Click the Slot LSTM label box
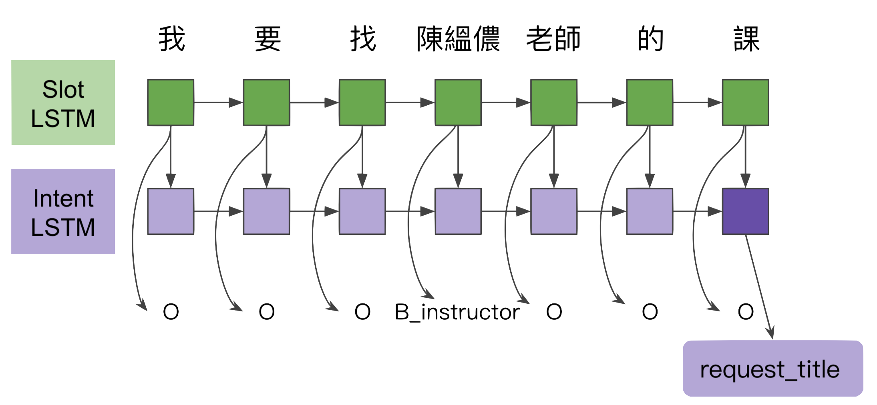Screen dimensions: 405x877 coord(63,103)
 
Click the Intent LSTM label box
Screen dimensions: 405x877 coord(63,212)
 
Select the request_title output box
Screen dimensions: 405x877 coord(772,369)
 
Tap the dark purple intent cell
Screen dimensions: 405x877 coord(745,212)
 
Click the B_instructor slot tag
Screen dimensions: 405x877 coord(457,312)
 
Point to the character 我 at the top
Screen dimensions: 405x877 coord(172,39)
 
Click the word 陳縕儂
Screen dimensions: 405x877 coord(459,39)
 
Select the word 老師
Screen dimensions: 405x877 coord(553,39)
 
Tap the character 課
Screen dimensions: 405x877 coord(746,39)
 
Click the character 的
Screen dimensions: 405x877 coord(650,39)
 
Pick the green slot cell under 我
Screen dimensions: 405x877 coord(171,103)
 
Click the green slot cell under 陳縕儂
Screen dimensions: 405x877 coord(458,103)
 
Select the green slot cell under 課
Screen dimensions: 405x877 coord(745,103)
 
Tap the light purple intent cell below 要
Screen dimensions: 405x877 coord(267,212)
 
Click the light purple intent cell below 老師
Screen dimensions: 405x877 coord(554,212)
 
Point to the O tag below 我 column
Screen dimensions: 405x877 coord(171,312)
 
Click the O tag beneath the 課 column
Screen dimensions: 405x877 coord(746,312)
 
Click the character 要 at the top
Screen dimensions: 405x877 coord(268,39)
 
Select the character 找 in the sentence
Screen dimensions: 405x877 coord(363,39)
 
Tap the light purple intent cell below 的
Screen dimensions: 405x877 coord(650,212)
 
